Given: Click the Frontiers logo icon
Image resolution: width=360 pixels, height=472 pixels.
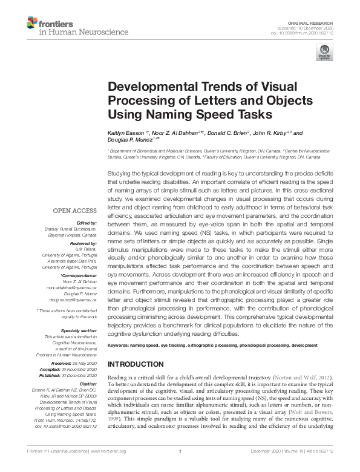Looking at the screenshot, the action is coord(32,23).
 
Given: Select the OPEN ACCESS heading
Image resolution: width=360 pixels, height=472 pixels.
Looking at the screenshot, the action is coord(75,211).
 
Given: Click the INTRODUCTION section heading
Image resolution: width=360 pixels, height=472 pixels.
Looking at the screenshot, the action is coord(136,364).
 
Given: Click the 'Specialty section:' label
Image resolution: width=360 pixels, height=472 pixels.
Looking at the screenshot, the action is coord(78,330).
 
